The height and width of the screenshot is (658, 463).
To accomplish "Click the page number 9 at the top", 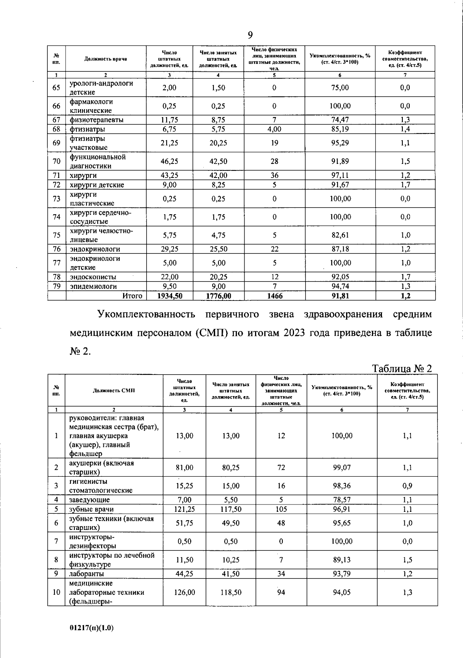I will pos(250,35).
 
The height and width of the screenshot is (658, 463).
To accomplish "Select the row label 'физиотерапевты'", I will pos(96,120).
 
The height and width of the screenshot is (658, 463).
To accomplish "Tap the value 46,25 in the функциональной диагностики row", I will pos(169,161).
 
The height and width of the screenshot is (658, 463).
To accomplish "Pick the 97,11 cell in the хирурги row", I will pos(340,175).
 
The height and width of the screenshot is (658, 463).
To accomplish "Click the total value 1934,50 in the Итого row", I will pos(169,296).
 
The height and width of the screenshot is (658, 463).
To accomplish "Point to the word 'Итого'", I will pos(132,296).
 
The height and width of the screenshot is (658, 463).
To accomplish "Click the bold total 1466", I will pos(274,296).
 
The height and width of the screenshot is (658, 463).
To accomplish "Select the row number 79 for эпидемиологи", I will pos(56,286).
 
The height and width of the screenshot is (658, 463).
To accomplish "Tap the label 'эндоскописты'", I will pos(93,277).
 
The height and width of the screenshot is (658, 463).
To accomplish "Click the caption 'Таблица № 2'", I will pos(402,368).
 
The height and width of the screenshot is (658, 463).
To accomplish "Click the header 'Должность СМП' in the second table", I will pos(114,390).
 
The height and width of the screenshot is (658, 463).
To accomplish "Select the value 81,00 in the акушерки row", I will pos(184,467).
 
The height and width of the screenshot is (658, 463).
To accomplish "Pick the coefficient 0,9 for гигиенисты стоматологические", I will pos(407,486).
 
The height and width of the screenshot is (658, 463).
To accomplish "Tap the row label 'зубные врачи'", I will pos(91,509).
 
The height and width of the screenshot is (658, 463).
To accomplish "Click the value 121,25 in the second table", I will pos(184,509).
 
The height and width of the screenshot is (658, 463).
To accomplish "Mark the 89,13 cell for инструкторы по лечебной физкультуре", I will pos(341,560).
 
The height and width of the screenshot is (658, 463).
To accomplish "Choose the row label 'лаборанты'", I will pos(84,574).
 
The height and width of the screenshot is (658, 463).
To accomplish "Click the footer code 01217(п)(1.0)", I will pos(92,628).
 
